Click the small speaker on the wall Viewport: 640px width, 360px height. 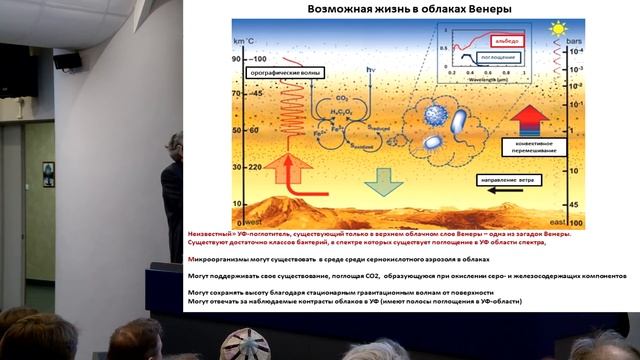coord(67,61)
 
